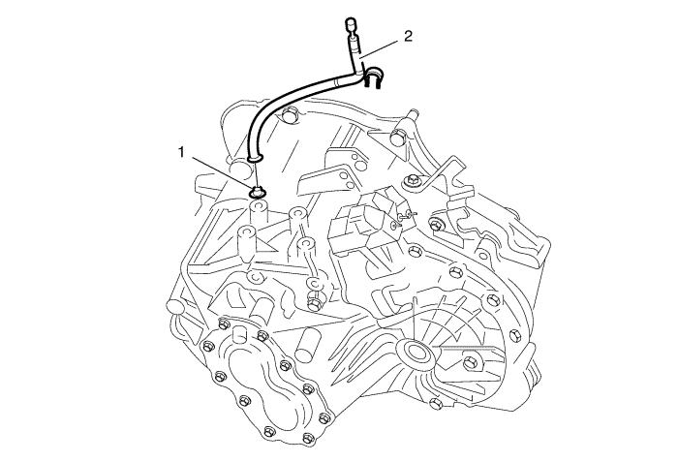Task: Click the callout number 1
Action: pyautogui.click(x=182, y=152)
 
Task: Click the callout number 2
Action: pyautogui.click(x=408, y=37)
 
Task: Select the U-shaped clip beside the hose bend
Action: pyautogui.click(x=373, y=77)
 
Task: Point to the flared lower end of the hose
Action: pyautogui.click(x=255, y=159)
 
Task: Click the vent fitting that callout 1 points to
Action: pyautogui.click(x=258, y=192)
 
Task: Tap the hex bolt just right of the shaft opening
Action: pyautogui.click(x=470, y=362)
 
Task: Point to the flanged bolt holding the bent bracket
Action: pyautogui.click(x=411, y=181)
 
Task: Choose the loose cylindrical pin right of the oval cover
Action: pyautogui.click(x=307, y=344)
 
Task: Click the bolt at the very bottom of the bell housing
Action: pyautogui.click(x=436, y=403)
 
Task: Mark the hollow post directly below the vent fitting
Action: pyautogui.click(x=259, y=212)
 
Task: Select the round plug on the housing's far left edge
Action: pyautogui.click(x=174, y=307)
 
